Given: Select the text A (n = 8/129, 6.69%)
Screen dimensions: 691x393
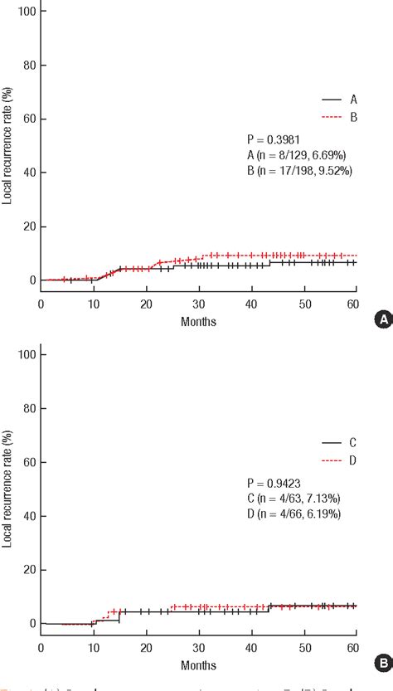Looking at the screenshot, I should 299,155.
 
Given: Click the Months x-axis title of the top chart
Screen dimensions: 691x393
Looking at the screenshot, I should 199,321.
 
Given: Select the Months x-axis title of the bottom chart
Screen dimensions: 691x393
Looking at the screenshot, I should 199,664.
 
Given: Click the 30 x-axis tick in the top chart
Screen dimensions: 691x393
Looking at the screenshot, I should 199,304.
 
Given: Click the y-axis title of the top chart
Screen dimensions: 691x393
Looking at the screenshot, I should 7,145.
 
